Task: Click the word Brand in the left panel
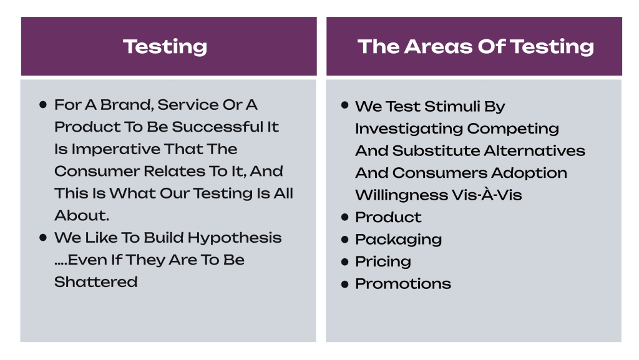[x=127, y=105]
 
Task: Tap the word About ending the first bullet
[x=82, y=215]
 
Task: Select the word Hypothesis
[x=235, y=238]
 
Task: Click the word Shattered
[x=95, y=282]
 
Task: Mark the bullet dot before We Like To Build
[x=43, y=238]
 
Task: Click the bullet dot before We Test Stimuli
[x=344, y=105]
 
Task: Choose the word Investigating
[x=409, y=129]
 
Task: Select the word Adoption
[x=529, y=173]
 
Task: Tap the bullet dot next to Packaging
[x=344, y=240]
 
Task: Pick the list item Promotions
[x=403, y=284]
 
